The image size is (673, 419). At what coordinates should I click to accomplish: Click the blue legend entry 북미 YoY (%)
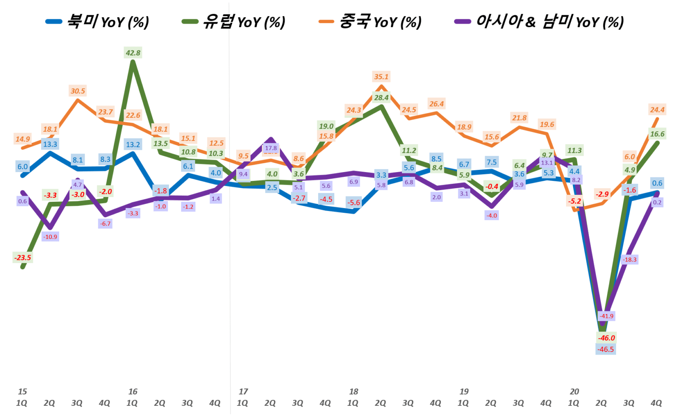(97, 21)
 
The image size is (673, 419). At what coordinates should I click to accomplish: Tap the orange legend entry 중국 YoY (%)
(370, 21)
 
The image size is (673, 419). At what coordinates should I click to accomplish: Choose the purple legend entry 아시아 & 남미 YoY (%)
(539, 21)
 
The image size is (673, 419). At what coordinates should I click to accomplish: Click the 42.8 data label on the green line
(133, 53)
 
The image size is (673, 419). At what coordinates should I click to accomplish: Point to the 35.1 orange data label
(381, 77)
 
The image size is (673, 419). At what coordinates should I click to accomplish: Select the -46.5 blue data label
(606, 349)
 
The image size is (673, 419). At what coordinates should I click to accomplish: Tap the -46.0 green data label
(607, 338)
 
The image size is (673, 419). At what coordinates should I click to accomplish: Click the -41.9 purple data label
(606, 316)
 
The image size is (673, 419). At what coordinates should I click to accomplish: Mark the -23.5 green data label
(23, 257)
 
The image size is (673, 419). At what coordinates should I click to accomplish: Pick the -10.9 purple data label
(50, 237)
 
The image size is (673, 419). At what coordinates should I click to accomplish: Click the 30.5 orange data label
(78, 91)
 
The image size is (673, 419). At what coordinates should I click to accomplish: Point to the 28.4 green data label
(381, 98)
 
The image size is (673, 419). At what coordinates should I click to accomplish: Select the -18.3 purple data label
(630, 260)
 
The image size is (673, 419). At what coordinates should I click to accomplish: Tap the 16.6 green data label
(657, 134)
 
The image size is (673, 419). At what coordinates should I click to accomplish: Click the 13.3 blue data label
(50, 144)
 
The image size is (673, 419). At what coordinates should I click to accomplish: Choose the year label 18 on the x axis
(353, 392)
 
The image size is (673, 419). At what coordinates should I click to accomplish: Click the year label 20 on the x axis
(574, 392)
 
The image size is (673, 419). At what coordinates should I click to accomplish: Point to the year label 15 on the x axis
(22, 392)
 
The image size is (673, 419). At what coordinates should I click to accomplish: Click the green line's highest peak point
(133, 62)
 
